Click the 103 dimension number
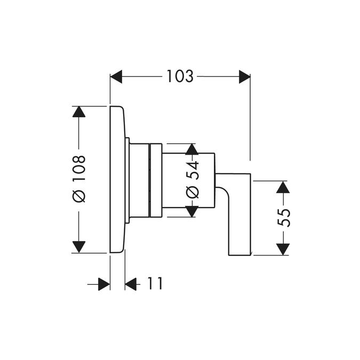[180, 76]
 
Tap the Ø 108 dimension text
[79, 179]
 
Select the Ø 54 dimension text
[192, 179]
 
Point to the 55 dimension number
[284, 218]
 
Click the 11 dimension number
[155, 284]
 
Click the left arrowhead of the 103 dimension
[116, 77]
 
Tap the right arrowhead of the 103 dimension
[244, 77]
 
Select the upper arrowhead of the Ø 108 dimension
[79, 112]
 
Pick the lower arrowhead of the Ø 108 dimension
[79, 247]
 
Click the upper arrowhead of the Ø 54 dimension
[191, 149]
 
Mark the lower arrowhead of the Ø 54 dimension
[191, 211]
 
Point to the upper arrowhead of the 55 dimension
[283, 187]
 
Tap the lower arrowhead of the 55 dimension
[283, 250]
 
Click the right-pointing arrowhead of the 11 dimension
[104, 284]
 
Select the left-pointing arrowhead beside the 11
[131, 284]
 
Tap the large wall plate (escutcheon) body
[117, 180]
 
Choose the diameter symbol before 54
[192, 193]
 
